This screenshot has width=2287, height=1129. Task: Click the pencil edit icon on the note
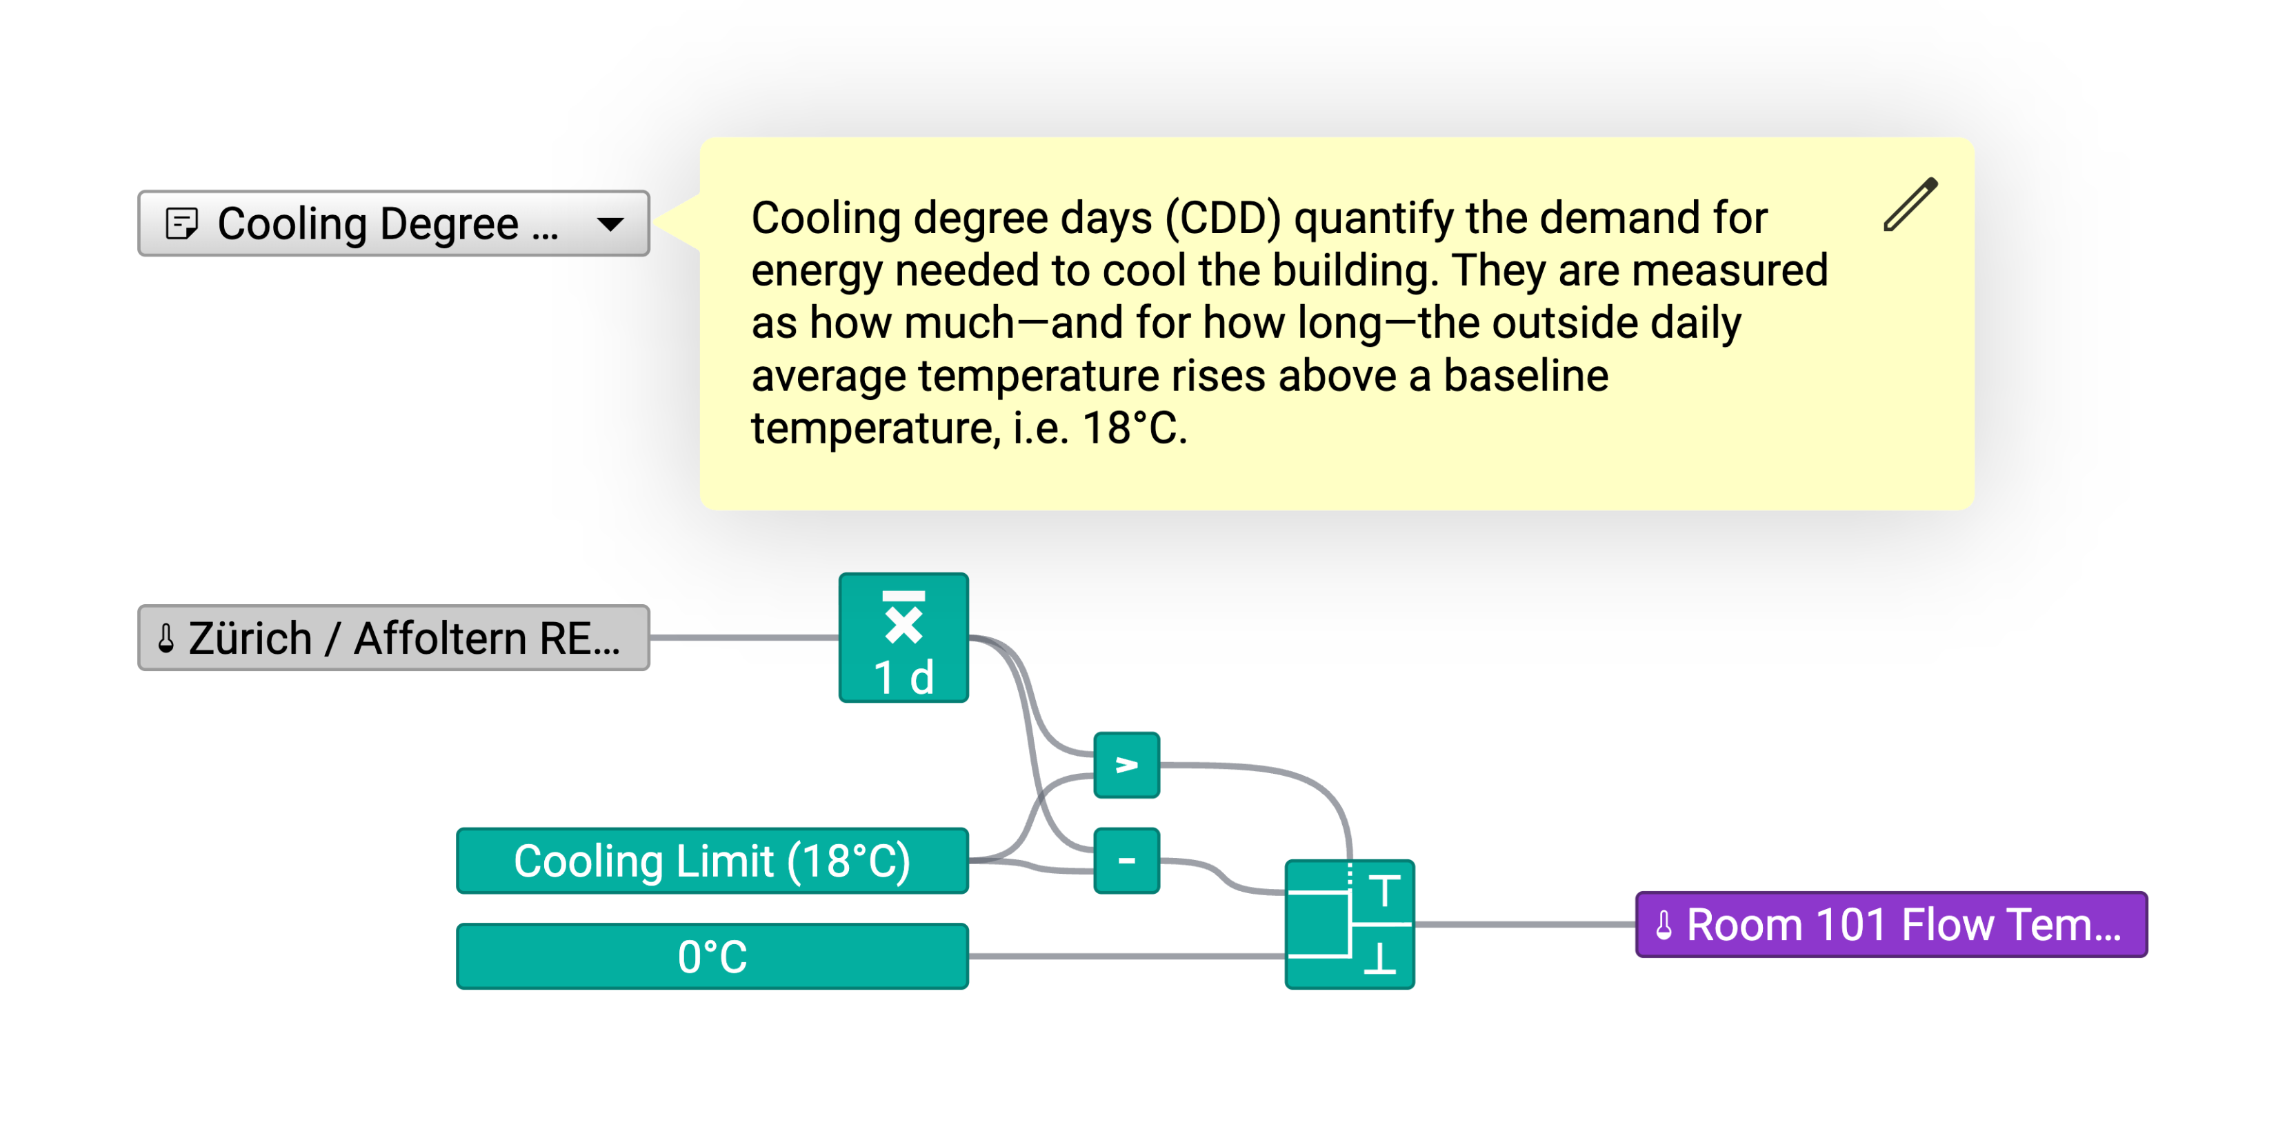(x=1910, y=204)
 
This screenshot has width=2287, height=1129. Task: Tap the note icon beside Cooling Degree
(x=182, y=223)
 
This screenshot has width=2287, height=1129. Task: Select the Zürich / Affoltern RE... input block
(x=393, y=637)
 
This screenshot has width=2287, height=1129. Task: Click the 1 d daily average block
(x=903, y=637)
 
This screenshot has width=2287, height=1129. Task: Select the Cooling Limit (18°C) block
(x=712, y=860)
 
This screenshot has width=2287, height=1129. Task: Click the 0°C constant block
(x=712, y=956)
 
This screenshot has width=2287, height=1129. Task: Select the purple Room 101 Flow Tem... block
(x=1891, y=924)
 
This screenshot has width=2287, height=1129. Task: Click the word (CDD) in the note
(x=1223, y=219)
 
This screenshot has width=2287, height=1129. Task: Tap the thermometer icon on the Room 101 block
(x=1664, y=925)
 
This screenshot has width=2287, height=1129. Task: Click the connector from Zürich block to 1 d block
(x=744, y=637)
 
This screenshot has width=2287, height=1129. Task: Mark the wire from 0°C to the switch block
(x=1127, y=956)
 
